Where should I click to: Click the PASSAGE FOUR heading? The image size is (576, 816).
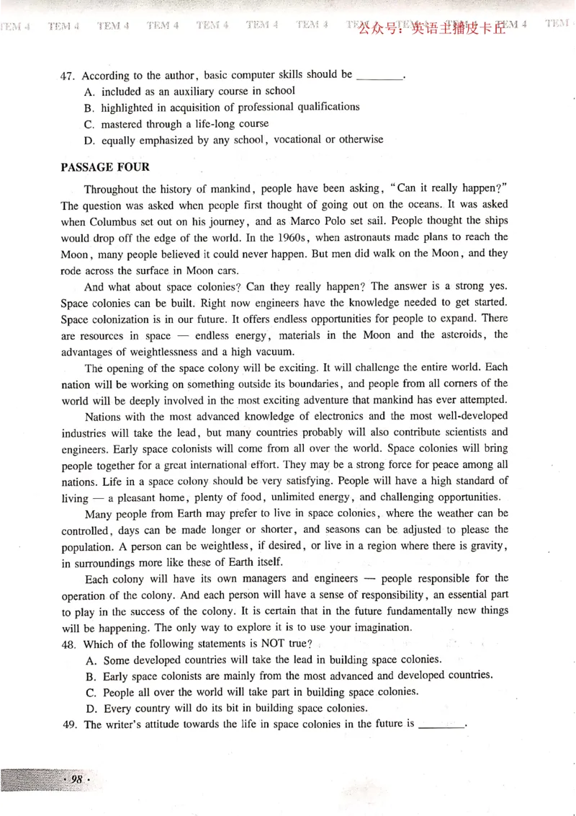click(105, 167)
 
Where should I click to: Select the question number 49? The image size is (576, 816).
click(71, 724)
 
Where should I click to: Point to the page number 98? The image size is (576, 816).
click(76, 780)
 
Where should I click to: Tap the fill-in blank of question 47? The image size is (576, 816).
click(379, 76)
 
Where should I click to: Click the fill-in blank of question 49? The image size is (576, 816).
click(441, 724)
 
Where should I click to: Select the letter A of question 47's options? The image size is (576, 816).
click(89, 92)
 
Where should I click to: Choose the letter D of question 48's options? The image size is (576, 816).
click(90, 708)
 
